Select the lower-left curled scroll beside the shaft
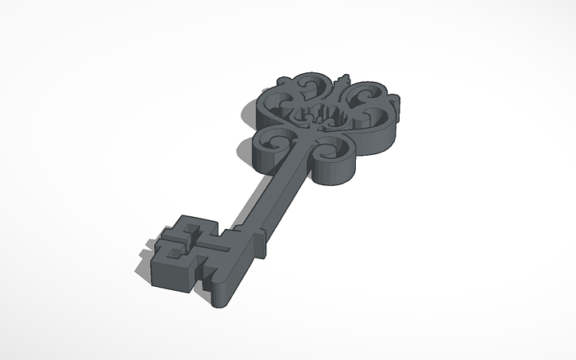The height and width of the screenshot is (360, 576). tap(277, 142)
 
